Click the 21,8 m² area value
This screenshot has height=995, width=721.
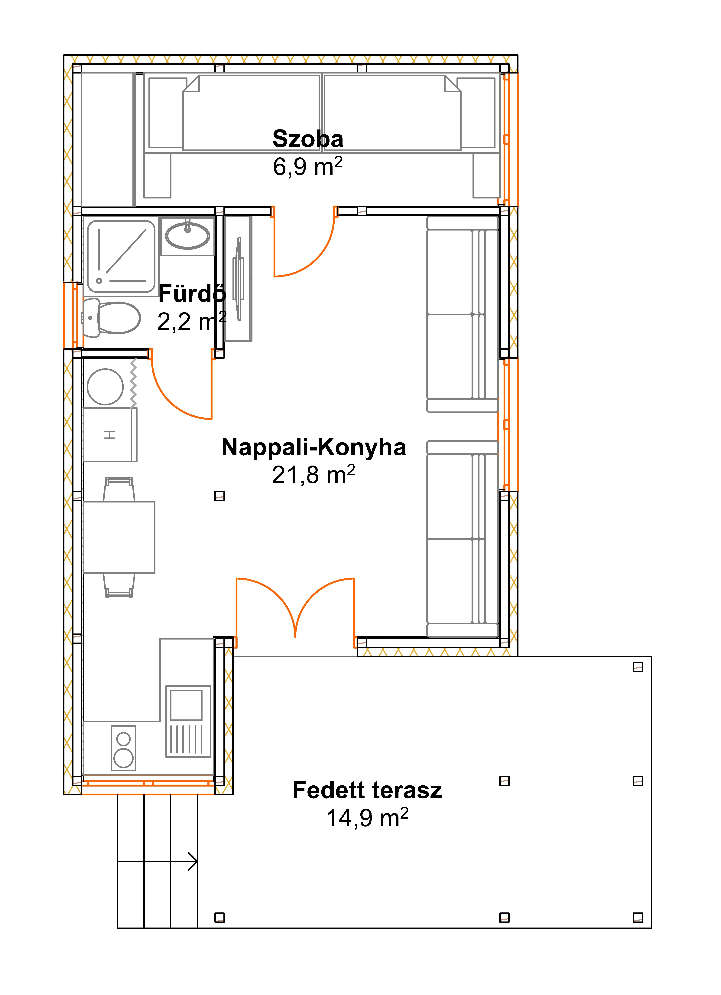click(313, 475)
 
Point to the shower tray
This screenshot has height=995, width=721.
click(121, 257)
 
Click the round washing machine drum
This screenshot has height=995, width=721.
click(105, 387)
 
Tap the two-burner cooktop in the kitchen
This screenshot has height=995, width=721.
click(124, 748)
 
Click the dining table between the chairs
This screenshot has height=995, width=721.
click(119, 537)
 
